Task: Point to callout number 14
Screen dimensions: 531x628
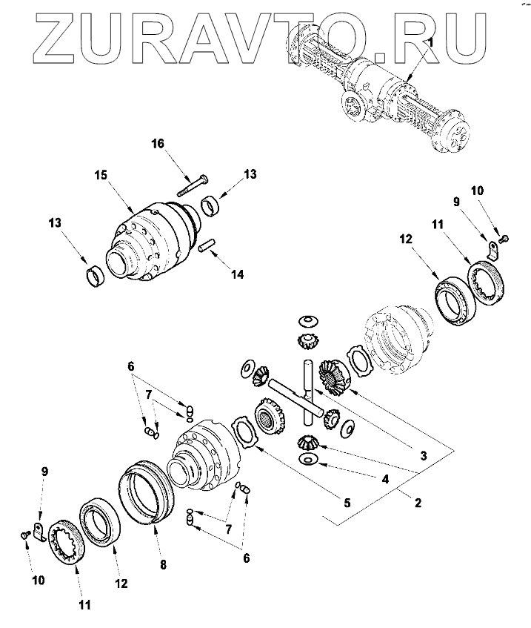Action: (237, 274)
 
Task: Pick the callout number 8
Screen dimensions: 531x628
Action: (164, 565)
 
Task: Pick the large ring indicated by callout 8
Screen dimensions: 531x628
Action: (145, 491)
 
